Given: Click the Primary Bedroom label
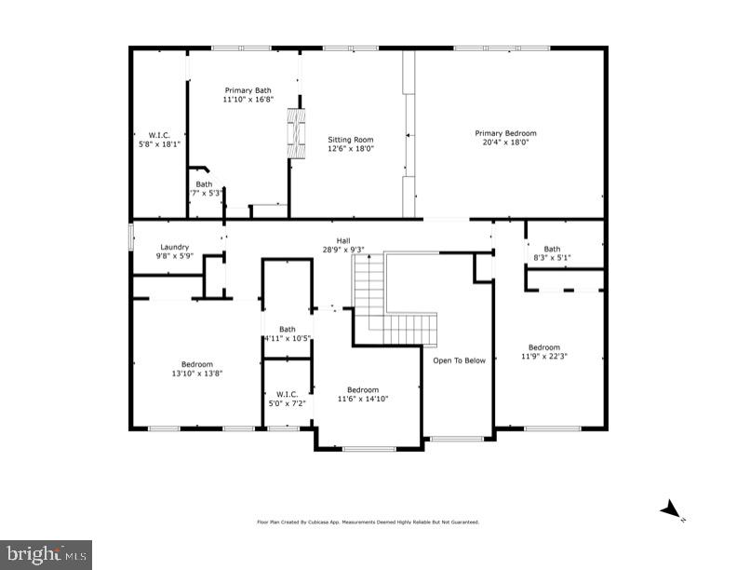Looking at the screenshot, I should [505, 133].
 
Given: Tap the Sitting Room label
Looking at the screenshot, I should [350, 139].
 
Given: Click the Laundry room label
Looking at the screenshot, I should [175, 247].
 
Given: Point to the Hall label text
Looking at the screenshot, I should [343, 240].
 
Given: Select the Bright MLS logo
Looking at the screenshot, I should [46, 554].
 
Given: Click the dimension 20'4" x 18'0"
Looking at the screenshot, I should [505, 142].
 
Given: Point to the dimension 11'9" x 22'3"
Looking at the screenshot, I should [544, 356].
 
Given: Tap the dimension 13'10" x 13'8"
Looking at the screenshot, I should [197, 373].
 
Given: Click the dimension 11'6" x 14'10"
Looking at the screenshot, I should [363, 399].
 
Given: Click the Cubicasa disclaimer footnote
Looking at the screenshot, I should [368, 522].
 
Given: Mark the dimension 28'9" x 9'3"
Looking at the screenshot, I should [343, 250].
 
